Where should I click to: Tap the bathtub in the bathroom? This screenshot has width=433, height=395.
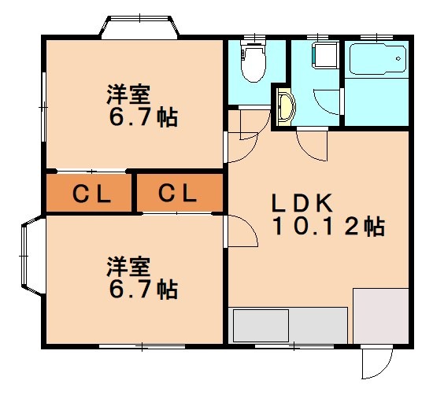(377, 59)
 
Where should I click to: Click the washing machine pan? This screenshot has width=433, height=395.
(325, 54)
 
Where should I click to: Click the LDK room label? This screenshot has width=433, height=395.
(302, 203)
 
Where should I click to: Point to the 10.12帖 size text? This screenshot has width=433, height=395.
(328, 227)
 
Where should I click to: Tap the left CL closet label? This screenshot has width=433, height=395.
(91, 194)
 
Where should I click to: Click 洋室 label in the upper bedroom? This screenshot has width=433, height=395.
(128, 94)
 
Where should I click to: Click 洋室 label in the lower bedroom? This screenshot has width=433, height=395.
(128, 267)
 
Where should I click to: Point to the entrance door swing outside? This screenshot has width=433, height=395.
(377, 363)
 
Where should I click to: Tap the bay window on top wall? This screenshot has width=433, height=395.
(139, 27)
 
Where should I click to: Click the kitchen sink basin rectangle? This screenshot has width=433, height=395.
(261, 326)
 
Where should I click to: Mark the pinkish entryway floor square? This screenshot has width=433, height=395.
(381, 316)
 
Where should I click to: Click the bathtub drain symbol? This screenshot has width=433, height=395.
(398, 58)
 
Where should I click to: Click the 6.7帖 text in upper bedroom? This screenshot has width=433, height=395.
(143, 117)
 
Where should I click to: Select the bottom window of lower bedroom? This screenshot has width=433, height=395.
(142, 346)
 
